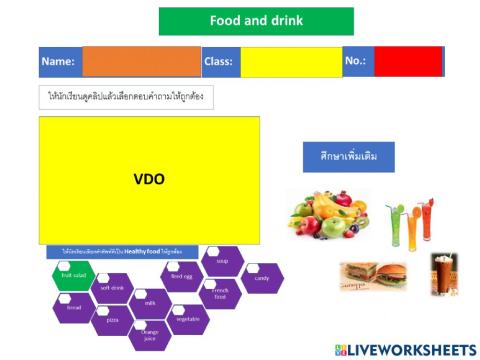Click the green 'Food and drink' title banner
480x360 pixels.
(256, 21)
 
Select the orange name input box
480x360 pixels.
(141, 62)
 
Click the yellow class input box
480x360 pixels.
(290, 62)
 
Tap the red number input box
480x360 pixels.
(407, 61)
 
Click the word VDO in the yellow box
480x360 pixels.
(149, 180)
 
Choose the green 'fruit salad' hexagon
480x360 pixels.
(73, 275)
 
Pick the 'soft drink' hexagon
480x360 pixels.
(112, 289)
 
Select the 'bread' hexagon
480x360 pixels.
(74, 307)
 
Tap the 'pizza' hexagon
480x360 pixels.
(112, 320)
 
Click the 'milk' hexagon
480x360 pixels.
(150, 303)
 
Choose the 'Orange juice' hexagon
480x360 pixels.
(149, 334)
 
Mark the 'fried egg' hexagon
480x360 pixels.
(182, 276)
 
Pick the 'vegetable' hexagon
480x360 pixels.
(187, 319)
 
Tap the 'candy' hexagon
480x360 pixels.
(262, 278)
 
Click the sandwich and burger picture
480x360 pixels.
(372, 276)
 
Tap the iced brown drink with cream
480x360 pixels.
(443, 274)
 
